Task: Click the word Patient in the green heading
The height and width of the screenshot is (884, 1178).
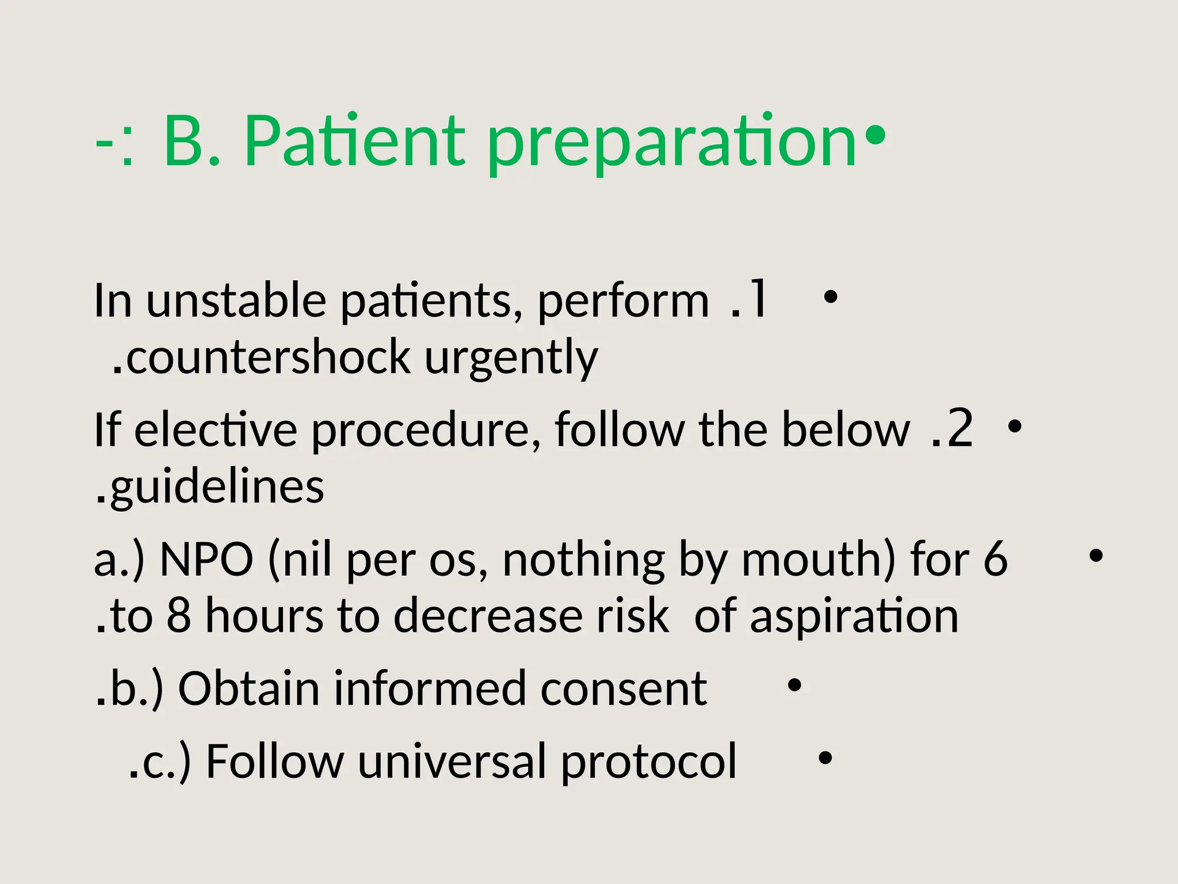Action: [354, 141]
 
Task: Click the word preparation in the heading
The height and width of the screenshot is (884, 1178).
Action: [672, 144]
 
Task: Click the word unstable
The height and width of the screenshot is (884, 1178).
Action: [236, 301]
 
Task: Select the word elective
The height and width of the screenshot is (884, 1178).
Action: [216, 430]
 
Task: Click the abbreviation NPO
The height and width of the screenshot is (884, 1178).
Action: [206, 559]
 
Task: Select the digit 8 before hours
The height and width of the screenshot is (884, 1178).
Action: [178, 616]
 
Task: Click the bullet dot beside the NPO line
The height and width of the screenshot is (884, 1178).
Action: [1096, 556]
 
